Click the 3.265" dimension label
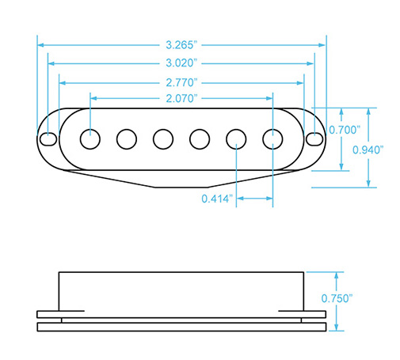point(182,45)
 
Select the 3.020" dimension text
point(182,63)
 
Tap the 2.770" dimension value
point(182,81)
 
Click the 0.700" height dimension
point(346,130)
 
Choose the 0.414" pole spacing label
point(217,198)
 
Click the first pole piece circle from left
point(90,138)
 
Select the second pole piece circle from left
point(126,138)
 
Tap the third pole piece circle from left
point(162,138)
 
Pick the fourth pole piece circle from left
point(199,138)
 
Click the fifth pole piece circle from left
point(236,138)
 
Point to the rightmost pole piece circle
point(272,138)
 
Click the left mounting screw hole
point(48,139)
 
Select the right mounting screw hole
point(314,139)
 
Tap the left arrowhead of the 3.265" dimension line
point(40,45)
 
